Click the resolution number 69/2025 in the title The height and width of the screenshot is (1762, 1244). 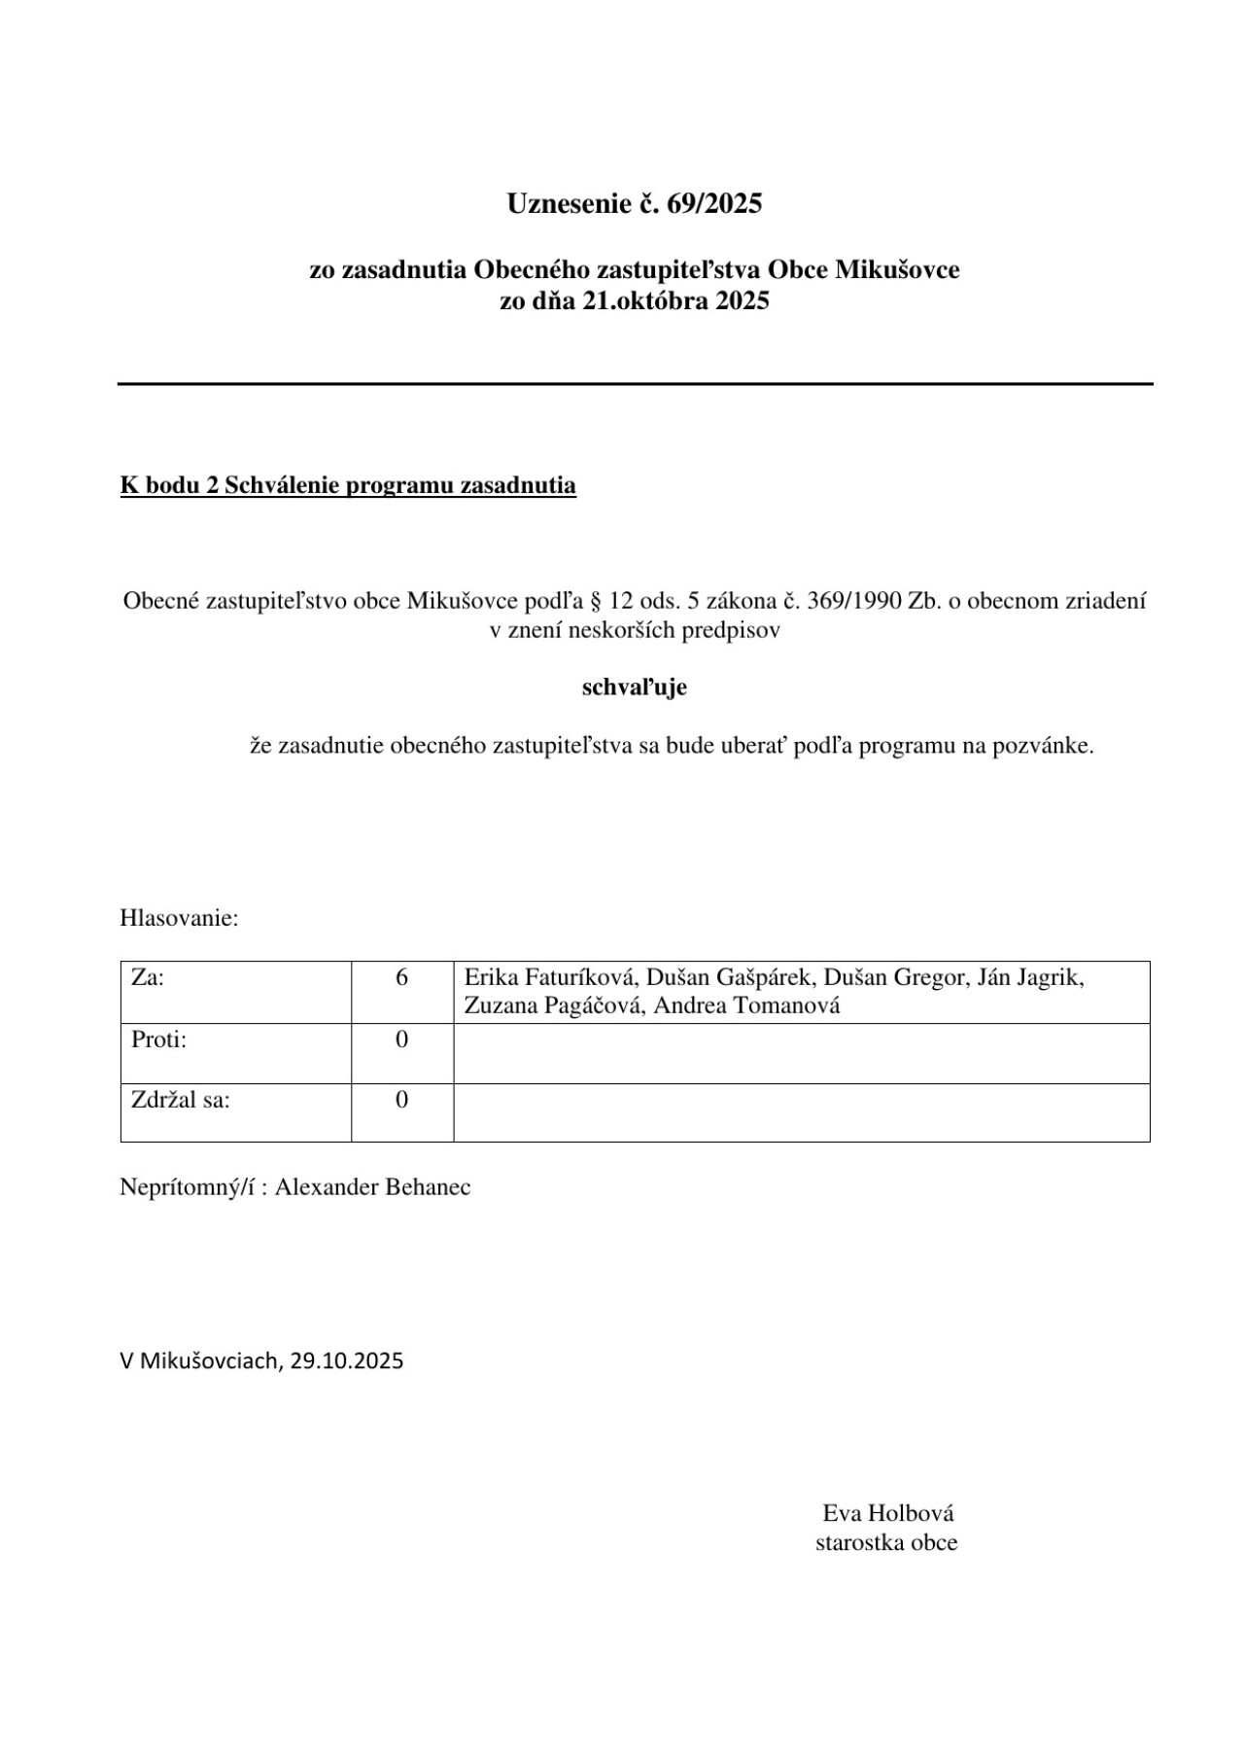714,203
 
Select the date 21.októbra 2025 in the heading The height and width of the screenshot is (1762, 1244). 676,300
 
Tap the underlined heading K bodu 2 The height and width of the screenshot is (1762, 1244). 348,485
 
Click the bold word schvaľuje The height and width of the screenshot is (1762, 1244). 634,687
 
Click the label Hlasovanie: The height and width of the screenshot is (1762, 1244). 179,918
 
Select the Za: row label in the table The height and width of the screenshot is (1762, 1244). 148,977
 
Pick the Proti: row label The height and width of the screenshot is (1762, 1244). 158,1040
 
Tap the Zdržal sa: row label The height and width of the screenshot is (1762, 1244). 181,1100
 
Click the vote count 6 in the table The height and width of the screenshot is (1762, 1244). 401,977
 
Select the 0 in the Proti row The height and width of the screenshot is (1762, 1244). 401,1040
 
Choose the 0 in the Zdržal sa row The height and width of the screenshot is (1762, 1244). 401,1100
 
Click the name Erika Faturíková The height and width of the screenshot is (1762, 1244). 550,977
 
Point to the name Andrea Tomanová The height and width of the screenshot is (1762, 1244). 746,1005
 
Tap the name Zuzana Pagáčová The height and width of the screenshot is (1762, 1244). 552,1005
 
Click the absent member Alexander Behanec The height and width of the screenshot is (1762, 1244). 372,1187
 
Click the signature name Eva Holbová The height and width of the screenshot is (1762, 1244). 888,1513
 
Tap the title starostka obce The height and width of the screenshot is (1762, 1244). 886,1542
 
